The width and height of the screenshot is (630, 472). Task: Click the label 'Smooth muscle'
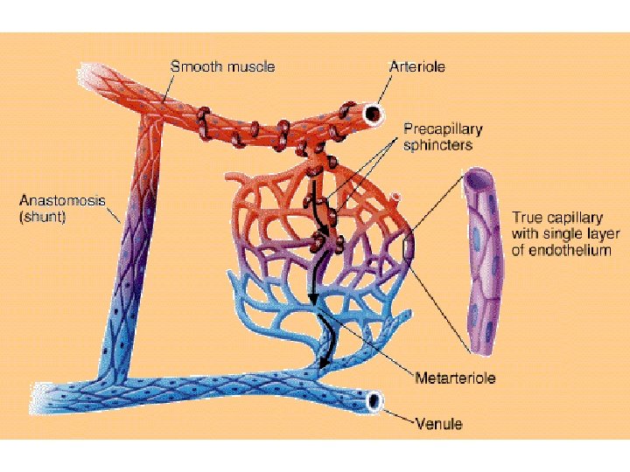pos(222,66)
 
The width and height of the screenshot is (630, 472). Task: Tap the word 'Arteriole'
pos(416,66)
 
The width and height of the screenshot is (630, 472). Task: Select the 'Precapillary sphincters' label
pos(442,136)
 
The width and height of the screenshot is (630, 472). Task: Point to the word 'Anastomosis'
pos(61,200)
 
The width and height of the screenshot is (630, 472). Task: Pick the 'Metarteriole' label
pos(454,378)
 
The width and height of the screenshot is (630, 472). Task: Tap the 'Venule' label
pos(438,424)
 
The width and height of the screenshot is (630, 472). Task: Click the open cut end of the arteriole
pos(374,113)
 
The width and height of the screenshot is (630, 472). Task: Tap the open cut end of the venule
pos(374,401)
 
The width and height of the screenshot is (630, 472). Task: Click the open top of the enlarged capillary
pos(479,178)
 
